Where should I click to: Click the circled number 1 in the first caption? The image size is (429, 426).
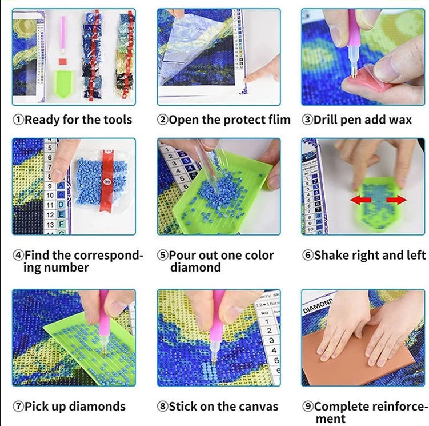click(19, 120)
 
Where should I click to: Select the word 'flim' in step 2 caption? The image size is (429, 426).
click(279, 120)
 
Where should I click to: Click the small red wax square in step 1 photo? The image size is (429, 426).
click(63, 61)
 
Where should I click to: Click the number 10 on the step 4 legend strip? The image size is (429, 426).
click(50, 196)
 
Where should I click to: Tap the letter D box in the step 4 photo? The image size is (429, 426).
click(61, 204)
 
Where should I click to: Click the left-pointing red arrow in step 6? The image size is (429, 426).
click(360, 200)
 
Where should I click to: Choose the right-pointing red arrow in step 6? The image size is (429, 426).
click(396, 200)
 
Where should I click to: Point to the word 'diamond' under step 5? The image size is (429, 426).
click(195, 268)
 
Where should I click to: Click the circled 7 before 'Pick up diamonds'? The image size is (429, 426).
click(18, 407)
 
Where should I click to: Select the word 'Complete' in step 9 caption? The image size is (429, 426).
click(339, 407)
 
